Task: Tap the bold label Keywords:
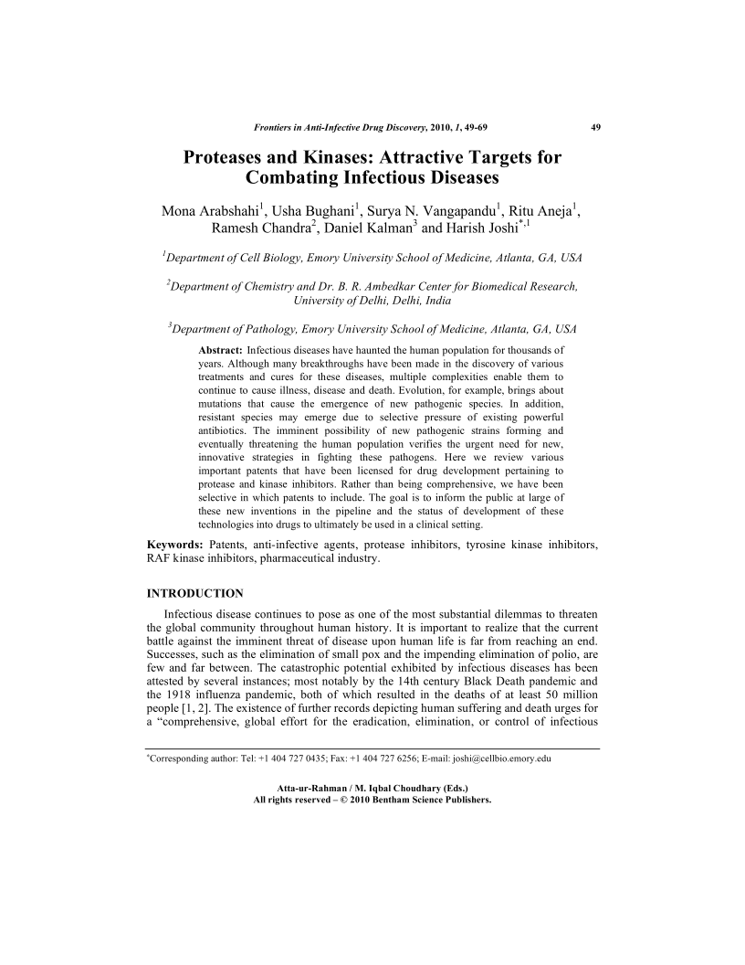tap(175, 546)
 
